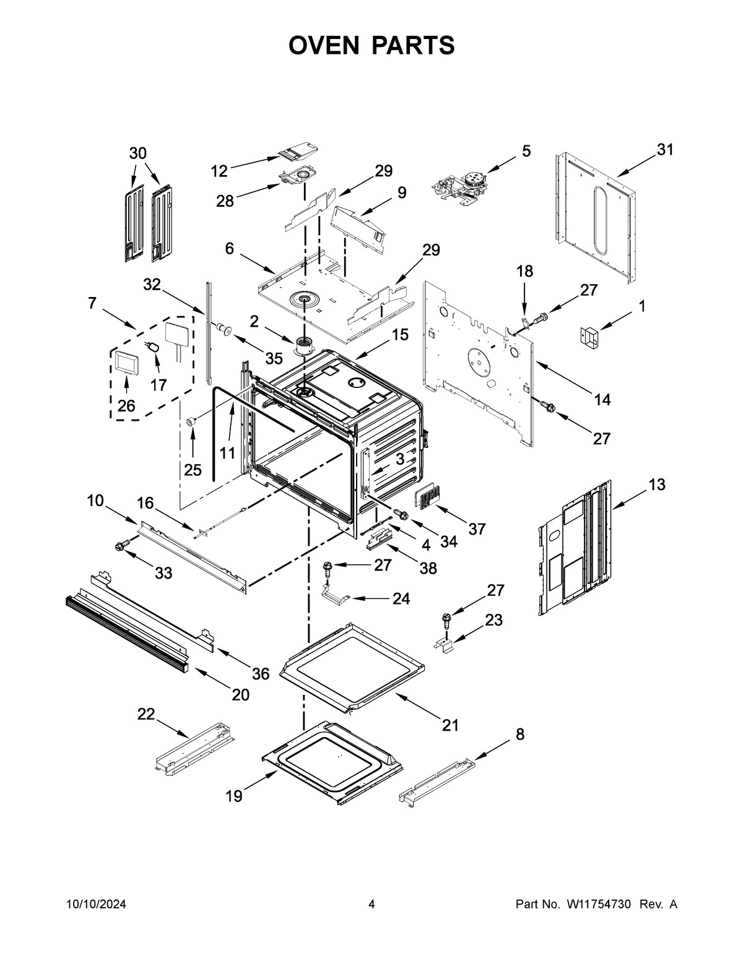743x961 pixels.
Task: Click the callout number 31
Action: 664,150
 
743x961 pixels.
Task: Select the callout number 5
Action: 526,151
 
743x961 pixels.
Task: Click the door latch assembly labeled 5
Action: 461,184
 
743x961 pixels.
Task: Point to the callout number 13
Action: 657,485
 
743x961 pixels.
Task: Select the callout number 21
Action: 450,725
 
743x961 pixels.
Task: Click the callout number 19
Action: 233,796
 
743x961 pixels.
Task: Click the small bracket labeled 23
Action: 446,644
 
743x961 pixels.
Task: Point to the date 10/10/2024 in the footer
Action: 96,905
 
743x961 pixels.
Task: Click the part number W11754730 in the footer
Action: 598,905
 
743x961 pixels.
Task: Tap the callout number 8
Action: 519,735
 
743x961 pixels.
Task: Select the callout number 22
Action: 146,714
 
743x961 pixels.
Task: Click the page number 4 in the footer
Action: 371,905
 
